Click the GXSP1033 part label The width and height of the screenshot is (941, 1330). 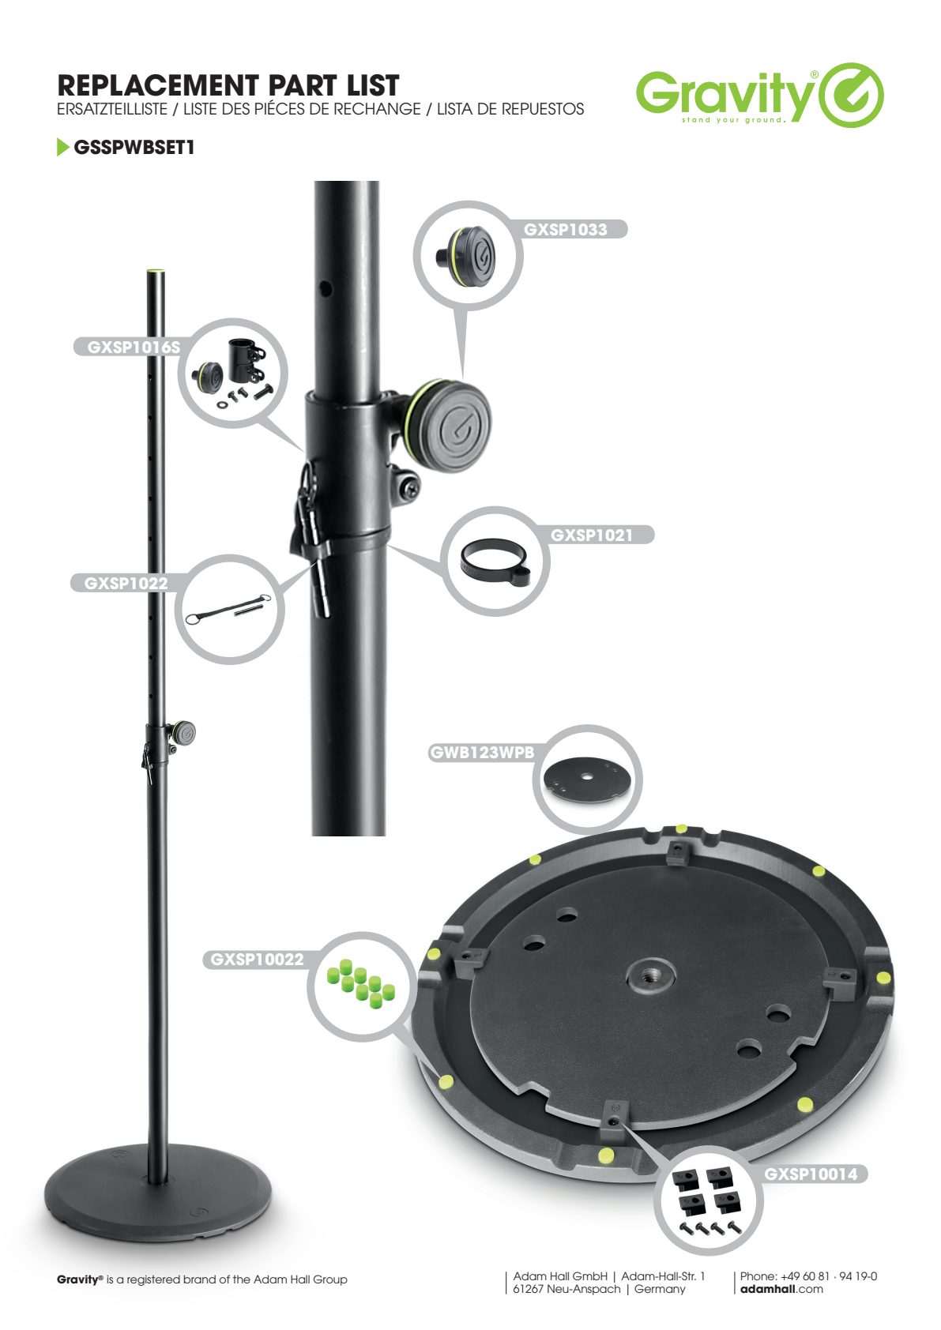(x=566, y=230)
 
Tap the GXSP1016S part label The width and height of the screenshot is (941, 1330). (x=134, y=348)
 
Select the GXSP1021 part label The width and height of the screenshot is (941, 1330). (x=592, y=535)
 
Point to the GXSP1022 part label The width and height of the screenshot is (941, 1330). (x=126, y=583)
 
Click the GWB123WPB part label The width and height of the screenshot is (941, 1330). (x=482, y=753)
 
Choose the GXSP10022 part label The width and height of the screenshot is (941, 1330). (x=257, y=960)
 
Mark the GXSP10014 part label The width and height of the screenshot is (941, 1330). (x=811, y=1174)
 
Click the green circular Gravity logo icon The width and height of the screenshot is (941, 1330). (x=852, y=95)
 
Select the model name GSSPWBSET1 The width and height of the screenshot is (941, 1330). (x=134, y=147)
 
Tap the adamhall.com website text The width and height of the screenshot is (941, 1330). (x=781, y=1289)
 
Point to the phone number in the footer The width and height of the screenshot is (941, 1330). (x=808, y=1276)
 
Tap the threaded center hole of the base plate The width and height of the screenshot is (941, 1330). (x=650, y=975)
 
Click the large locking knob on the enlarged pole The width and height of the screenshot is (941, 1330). (x=454, y=425)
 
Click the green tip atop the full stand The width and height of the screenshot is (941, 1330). (x=156, y=271)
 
